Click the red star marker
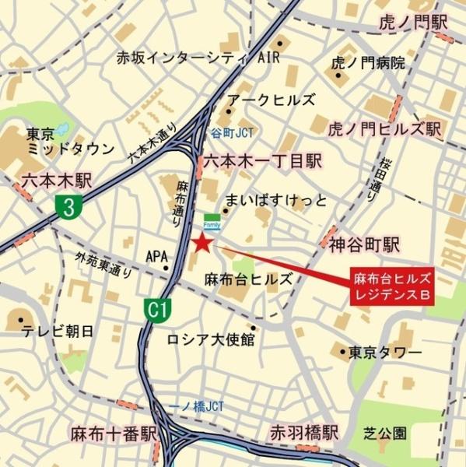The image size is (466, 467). coord(201,244)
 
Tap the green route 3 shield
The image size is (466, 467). coord(70,207)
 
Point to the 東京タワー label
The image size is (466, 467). coord(385,353)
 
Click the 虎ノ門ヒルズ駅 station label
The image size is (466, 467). coord(384,128)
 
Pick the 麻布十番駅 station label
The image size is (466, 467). coord(114,434)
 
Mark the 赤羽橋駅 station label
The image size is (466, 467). coord(304,433)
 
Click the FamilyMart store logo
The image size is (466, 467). coord(212,220)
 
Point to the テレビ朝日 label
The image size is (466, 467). coord(58,331)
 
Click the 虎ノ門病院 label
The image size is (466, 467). coord(368,63)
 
